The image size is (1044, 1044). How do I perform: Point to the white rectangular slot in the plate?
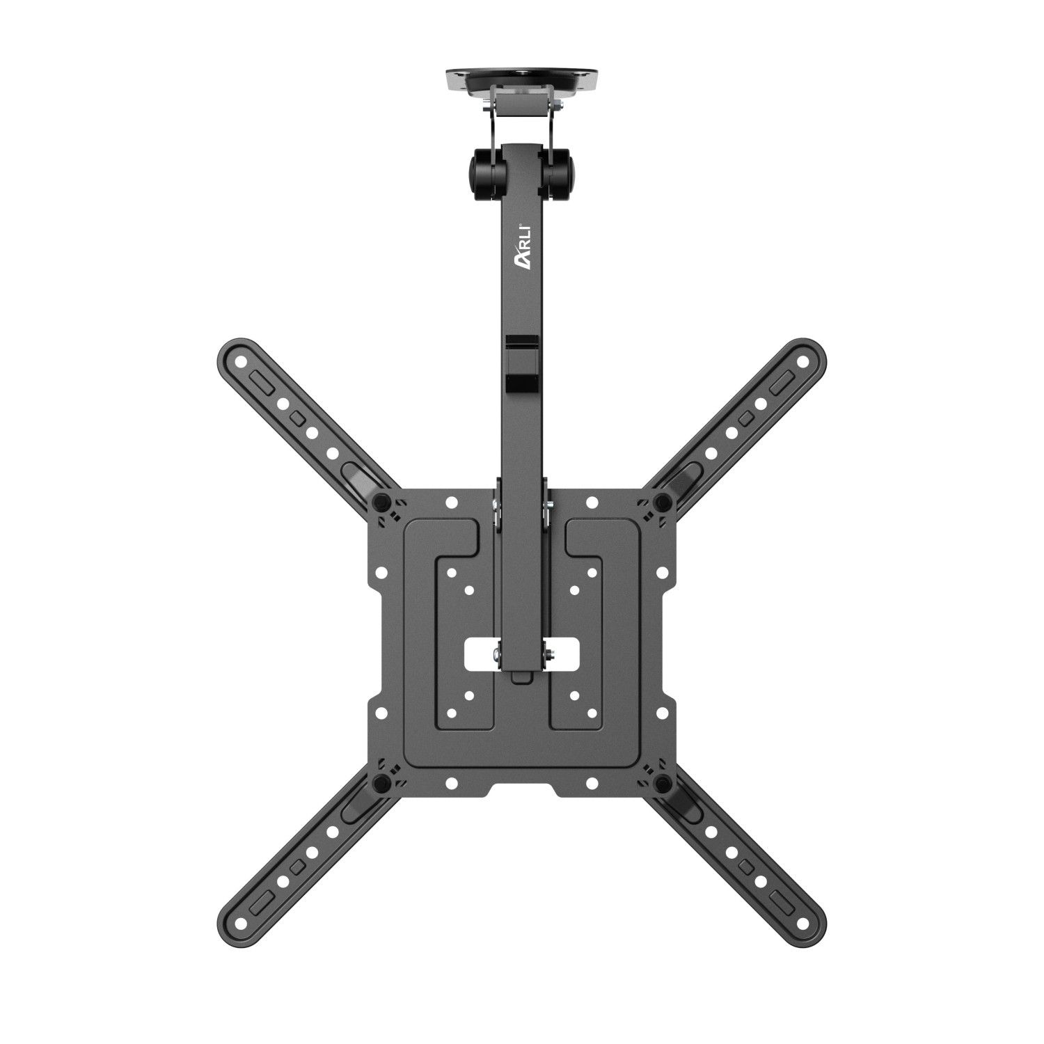[x=522, y=654]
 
